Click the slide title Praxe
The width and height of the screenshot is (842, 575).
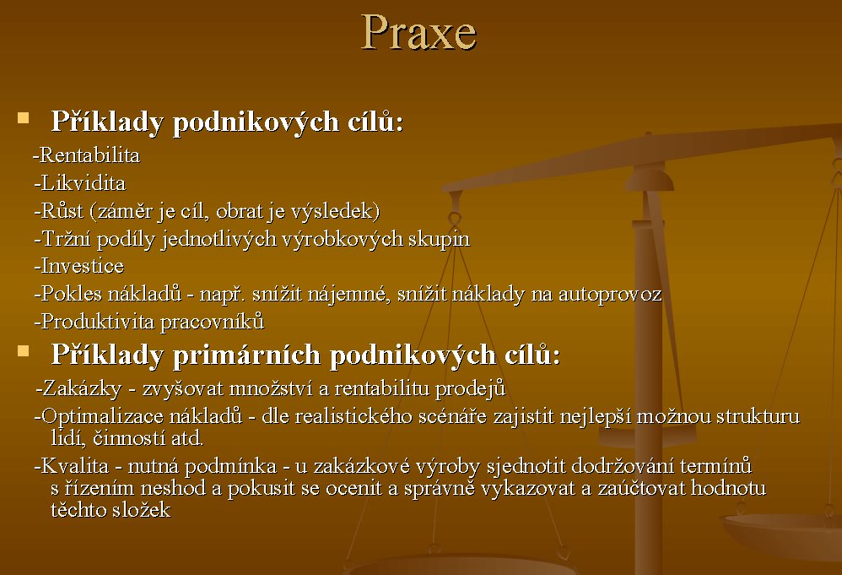pos(418,33)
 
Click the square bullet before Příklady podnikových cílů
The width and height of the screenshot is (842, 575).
pos(23,118)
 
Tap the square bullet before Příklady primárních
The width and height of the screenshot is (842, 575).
pos(23,351)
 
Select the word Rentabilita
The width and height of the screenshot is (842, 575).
pos(90,155)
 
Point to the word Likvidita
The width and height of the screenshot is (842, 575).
pos(84,183)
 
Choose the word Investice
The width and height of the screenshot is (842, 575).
pos(83,266)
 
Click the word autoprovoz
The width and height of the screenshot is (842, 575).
pos(610,295)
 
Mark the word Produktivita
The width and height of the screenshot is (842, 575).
pos(98,322)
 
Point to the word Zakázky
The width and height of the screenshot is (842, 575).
pos(82,388)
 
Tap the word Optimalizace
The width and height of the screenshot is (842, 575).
pos(102,416)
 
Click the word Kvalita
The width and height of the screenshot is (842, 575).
pos(75,466)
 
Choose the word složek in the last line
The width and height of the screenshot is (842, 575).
pos(141,510)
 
